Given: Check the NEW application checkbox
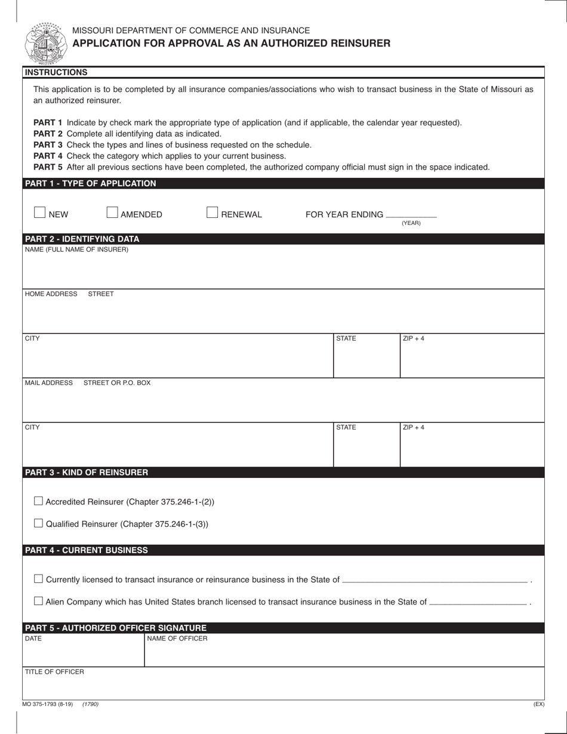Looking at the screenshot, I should pos(40,212).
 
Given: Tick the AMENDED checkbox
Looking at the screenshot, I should pos(112,212).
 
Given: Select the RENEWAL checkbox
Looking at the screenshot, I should pos(212,212).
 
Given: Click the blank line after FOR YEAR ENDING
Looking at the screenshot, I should pos(411,214).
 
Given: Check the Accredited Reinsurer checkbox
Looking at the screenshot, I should pos(39,501).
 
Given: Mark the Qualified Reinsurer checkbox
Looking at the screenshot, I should pos(39,523).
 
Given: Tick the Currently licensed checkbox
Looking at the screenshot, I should pos(39,579).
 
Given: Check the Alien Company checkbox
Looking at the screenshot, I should pos(39,601).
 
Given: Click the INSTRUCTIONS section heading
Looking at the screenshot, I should pos(56,72).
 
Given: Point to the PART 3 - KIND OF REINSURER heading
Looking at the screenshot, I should pos(87,472).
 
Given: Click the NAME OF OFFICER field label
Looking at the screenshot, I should pos(177,639).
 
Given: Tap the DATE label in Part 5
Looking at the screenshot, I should pos(33,639).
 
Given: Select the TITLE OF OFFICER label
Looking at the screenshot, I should pos(54,672).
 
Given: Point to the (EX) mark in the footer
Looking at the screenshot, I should pos(538,704).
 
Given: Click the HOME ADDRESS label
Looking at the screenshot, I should pos(51,294).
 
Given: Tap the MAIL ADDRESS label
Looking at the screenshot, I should pos(49,383).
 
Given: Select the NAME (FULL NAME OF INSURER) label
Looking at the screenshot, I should pos(76,249).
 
